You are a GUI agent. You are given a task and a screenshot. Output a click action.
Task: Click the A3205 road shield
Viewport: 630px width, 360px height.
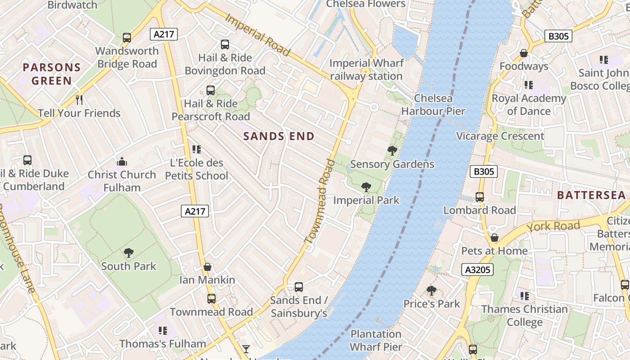(x=477, y=270)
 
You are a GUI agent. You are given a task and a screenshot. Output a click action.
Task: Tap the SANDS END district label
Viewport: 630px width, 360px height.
(x=279, y=136)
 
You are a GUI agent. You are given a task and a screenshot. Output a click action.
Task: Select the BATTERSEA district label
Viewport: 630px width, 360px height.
(x=591, y=195)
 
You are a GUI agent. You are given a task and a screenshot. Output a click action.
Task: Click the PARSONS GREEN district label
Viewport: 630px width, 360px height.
(x=51, y=74)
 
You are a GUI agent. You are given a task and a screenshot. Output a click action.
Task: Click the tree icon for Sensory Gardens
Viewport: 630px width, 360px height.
(x=392, y=151)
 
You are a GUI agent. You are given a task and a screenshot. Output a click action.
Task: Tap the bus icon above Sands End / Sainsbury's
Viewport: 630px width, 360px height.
(x=299, y=287)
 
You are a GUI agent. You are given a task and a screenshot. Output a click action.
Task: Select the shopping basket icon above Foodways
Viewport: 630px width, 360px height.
(x=524, y=53)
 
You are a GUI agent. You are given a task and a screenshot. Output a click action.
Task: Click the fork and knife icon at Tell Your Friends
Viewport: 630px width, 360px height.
(x=79, y=99)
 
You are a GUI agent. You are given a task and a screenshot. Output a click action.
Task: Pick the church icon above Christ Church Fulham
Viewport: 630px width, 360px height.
(x=121, y=162)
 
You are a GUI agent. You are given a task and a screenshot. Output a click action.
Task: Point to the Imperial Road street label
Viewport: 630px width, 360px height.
(x=257, y=35)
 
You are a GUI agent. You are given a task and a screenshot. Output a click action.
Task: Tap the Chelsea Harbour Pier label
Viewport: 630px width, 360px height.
(x=433, y=104)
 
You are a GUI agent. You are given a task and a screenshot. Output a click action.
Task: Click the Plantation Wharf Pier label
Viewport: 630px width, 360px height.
(x=376, y=340)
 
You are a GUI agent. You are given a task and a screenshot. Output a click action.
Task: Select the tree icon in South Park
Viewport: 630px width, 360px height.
(x=129, y=253)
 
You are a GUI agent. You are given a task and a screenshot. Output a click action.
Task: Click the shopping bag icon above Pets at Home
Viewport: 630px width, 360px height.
(x=495, y=238)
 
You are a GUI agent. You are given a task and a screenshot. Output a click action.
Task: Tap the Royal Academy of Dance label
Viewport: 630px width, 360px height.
(x=529, y=104)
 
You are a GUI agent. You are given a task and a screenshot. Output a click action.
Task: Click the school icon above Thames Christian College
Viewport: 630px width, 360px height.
(x=525, y=296)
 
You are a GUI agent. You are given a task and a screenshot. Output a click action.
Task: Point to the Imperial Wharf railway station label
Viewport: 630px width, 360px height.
(x=366, y=69)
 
